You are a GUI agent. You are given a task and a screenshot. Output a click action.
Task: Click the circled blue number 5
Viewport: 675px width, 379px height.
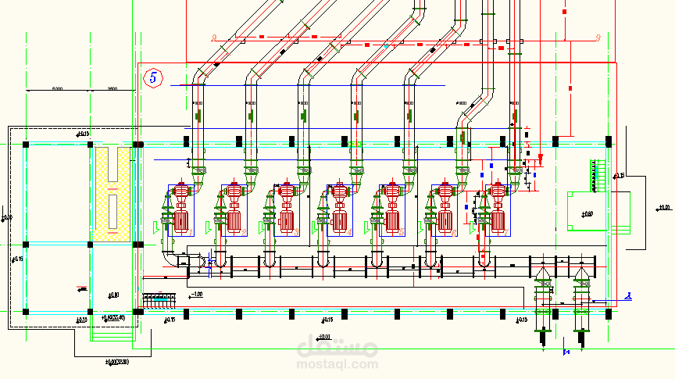pyautogui.click(x=154, y=77)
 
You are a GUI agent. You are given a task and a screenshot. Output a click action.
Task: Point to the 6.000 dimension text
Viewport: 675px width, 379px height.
pyautogui.click(x=57, y=88)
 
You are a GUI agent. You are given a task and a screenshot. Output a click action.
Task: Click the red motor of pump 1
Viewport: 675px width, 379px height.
pyautogui.click(x=181, y=221)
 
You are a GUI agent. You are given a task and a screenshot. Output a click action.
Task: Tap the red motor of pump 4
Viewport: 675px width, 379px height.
pyautogui.click(x=340, y=221)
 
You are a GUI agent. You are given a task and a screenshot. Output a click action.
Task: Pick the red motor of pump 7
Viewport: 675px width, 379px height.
pyautogui.click(x=498, y=221)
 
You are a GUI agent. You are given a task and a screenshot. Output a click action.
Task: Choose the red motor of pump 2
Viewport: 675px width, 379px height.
pyautogui.click(x=234, y=221)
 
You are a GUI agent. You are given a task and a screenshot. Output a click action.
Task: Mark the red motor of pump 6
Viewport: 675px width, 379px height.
pyautogui.click(x=445, y=221)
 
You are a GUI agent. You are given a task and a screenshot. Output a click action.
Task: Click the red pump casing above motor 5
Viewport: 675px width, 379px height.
pyautogui.click(x=391, y=190)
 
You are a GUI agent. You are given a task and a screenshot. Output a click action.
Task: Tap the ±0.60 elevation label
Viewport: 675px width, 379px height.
pyautogui.click(x=587, y=213)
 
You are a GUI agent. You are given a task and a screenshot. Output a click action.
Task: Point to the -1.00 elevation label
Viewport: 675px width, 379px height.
pyautogui.click(x=196, y=294)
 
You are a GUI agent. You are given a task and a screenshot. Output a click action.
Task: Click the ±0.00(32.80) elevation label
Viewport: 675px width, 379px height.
pyautogui.click(x=116, y=361)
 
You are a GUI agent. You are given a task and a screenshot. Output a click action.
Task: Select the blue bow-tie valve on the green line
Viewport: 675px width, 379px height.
pyautogui.click(x=566, y=352)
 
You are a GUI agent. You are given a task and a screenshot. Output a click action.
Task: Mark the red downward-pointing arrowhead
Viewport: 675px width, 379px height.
pyautogui.click(x=539, y=159)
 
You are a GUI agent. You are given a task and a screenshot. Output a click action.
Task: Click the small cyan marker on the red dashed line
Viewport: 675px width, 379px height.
pyautogui.click(x=385, y=45)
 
